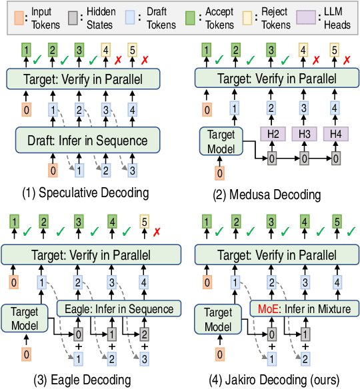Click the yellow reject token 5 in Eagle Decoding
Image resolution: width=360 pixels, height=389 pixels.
pyautogui.click(x=143, y=221)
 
